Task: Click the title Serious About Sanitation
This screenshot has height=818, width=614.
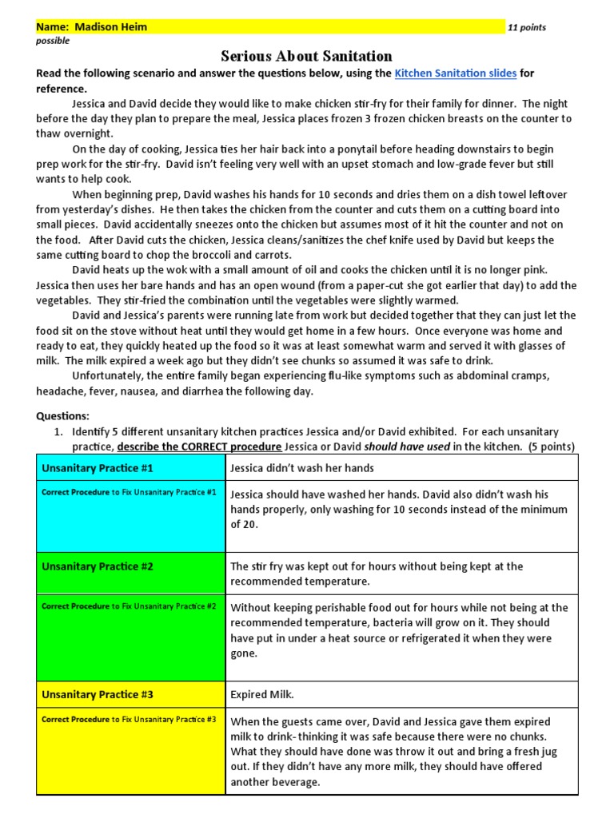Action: tap(307, 56)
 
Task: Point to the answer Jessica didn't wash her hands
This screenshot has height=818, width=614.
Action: tap(302, 468)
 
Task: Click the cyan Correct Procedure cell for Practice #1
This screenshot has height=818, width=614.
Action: tap(130, 515)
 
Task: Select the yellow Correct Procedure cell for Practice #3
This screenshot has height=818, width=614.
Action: tap(130, 751)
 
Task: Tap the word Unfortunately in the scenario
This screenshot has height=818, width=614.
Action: tap(109, 375)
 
